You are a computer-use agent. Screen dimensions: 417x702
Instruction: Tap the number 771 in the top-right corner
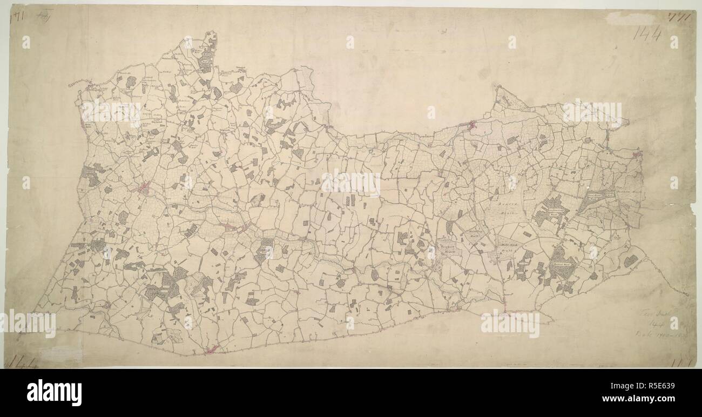coord(680,16)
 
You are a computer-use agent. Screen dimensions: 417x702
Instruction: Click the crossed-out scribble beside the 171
coord(41,16)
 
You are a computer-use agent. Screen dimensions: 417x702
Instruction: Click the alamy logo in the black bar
coord(54,392)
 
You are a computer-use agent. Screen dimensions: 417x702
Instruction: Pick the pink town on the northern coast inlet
coord(473,126)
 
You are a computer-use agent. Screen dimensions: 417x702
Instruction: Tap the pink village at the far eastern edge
coord(637,155)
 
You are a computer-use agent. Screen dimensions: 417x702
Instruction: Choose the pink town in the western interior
coord(144,189)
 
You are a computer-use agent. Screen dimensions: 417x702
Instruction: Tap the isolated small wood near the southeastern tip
coord(630,261)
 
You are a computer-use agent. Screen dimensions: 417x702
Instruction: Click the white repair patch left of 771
coord(624,18)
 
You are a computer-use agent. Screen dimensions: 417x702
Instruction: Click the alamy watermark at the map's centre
coord(350,184)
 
